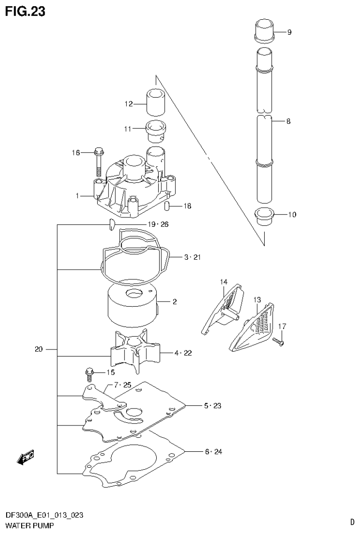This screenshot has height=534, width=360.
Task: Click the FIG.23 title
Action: (x=25, y=11)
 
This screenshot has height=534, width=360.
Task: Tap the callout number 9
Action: (x=289, y=32)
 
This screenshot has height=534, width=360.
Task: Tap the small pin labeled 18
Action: (x=167, y=206)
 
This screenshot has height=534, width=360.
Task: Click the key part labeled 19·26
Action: (x=112, y=225)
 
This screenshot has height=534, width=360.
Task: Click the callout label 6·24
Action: (x=213, y=452)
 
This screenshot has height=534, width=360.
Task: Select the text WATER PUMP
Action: (x=29, y=526)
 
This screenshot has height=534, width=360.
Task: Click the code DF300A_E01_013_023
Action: (x=45, y=515)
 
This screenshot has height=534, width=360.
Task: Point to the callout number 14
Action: (x=223, y=282)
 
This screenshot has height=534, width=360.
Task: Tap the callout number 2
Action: (x=174, y=302)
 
